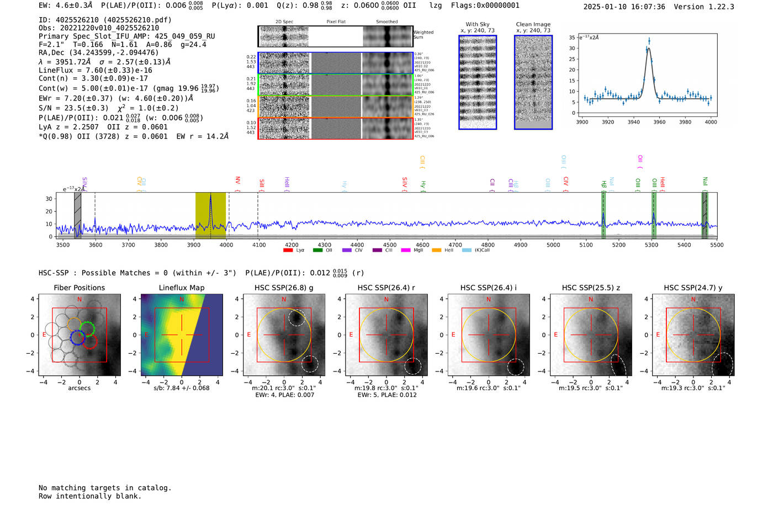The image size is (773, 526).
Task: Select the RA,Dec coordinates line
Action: click(98, 52)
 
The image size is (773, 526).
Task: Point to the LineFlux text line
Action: click(95, 70)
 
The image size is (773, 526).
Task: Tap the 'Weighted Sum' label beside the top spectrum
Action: click(423, 35)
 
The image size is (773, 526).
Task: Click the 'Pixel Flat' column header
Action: click(336, 22)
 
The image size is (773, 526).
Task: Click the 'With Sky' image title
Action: click(477, 24)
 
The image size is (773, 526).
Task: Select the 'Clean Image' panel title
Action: click(533, 24)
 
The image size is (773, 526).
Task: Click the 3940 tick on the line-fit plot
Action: click(633, 122)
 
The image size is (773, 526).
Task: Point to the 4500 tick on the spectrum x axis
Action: click(390, 245)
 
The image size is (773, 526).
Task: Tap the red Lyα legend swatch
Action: click(288, 251)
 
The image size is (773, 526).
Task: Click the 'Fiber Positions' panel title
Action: click(79, 288)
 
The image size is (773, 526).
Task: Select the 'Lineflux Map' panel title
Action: click(181, 288)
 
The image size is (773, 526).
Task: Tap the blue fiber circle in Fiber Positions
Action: click(77, 337)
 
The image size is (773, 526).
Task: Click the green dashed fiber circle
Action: click(87, 329)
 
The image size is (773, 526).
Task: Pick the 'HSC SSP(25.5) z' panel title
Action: click(591, 288)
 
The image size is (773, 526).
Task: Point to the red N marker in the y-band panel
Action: click(693, 299)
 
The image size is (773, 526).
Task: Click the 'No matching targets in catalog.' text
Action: click(105, 488)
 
